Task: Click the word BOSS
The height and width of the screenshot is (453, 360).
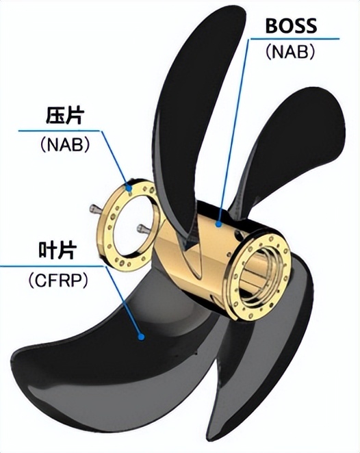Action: [x=291, y=25]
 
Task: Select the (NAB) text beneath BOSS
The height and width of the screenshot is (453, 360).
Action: [x=290, y=52]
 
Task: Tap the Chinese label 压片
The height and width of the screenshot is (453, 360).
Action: [x=65, y=116]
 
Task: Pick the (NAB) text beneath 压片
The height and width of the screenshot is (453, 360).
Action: [x=65, y=144]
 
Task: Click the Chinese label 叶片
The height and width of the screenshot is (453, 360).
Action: [x=57, y=250]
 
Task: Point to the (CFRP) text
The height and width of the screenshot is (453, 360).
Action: [x=57, y=280]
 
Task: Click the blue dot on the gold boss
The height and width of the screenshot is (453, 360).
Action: [x=219, y=224]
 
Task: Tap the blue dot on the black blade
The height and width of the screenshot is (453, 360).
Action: [x=141, y=337]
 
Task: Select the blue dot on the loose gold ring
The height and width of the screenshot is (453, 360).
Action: [x=129, y=188]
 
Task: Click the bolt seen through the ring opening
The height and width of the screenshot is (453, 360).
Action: [x=144, y=229]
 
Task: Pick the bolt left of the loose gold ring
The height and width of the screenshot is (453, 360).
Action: [x=96, y=209]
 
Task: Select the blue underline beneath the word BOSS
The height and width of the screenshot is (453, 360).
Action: [x=294, y=39]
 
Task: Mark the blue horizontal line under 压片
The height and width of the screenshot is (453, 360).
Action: [x=60, y=131]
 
